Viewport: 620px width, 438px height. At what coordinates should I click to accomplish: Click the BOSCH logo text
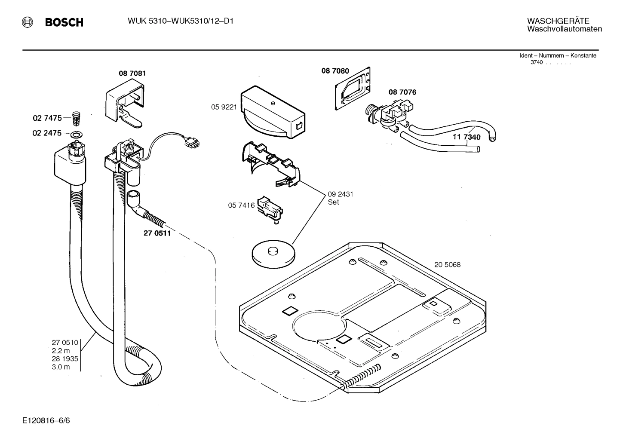[64, 23]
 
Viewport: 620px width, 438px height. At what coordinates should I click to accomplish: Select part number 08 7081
[132, 74]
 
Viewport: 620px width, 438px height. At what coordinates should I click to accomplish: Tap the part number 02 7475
[47, 118]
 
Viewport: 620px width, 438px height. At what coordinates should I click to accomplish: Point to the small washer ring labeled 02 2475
[77, 134]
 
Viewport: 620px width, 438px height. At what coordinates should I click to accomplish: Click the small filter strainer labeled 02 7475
[76, 116]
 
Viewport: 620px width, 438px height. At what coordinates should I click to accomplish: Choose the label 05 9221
[224, 107]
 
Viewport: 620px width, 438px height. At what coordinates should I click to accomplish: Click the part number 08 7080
[335, 71]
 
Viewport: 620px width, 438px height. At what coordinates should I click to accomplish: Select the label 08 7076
[402, 92]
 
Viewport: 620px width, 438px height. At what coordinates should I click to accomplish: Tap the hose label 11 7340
[467, 137]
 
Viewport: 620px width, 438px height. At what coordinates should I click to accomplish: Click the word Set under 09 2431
[333, 202]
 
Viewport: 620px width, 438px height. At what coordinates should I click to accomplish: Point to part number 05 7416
[241, 206]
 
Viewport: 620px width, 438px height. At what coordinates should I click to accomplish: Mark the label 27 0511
[157, 233]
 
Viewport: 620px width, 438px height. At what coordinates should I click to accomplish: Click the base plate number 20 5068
[447, 265]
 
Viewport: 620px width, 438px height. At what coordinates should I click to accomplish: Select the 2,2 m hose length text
[61, 351]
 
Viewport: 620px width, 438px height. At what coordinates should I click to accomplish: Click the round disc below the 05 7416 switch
[273, 254]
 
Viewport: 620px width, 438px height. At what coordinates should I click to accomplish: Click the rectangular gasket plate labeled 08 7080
[353, 89]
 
